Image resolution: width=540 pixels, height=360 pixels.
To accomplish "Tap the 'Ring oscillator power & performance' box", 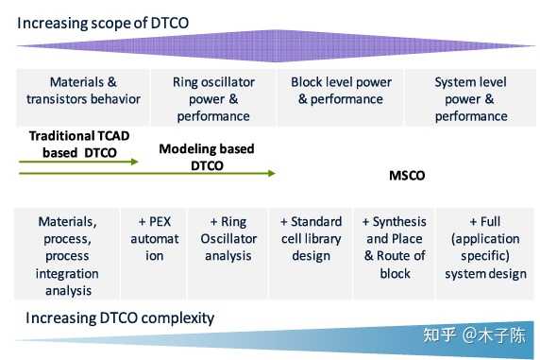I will pos(211,98).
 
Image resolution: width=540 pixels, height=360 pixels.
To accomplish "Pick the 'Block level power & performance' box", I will pos(339,90).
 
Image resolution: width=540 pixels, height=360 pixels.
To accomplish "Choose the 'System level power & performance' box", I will pos(469,98).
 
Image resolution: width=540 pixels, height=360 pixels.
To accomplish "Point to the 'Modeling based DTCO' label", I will pos(206,157).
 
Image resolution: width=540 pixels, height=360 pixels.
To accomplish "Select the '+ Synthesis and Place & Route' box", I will pos(393,248).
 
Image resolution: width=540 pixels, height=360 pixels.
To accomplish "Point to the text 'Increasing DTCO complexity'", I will pos(121,317).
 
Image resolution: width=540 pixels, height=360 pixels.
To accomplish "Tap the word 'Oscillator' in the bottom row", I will pos(228,239).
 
